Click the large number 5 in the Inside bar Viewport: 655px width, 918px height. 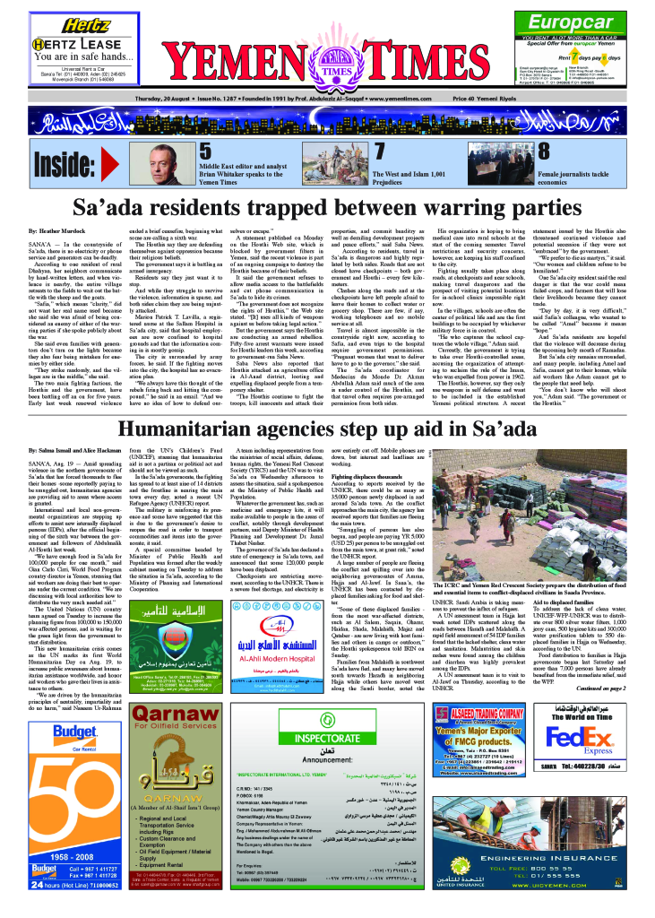205,152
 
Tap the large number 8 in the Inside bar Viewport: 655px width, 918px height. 543,152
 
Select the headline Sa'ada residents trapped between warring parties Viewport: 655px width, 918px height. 327,209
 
